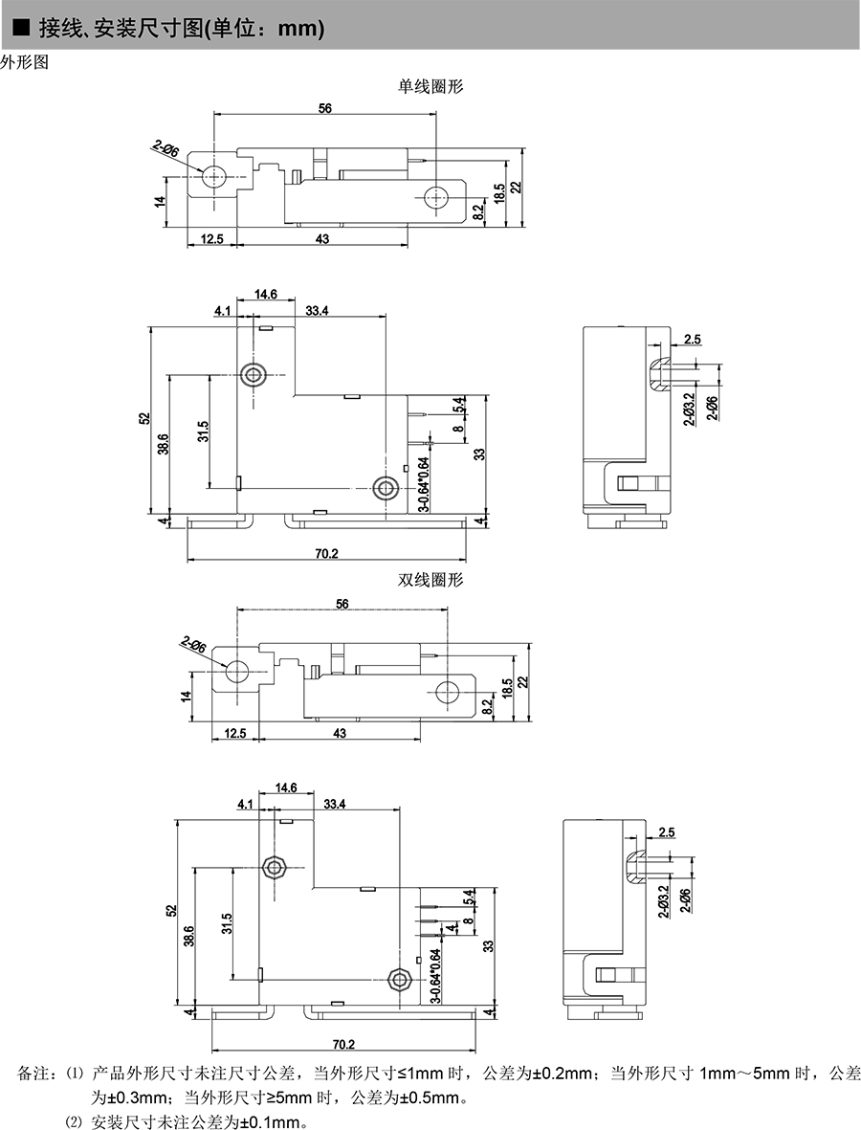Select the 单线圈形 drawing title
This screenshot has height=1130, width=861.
(x=430, y=86)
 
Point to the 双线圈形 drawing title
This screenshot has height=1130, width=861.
(x=430, y=580)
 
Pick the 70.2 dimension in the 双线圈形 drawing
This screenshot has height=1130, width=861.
(x=344, y=1043)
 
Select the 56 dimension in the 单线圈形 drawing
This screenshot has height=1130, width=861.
(x=325, y=109)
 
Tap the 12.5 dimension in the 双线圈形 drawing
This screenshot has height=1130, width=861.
(x=234, y=733)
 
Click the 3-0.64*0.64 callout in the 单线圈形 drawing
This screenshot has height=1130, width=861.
(x=423, y=485)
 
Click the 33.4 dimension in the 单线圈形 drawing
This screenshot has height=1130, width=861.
(x=318, y=310)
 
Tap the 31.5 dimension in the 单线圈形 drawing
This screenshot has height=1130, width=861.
(x=203, y=432)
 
